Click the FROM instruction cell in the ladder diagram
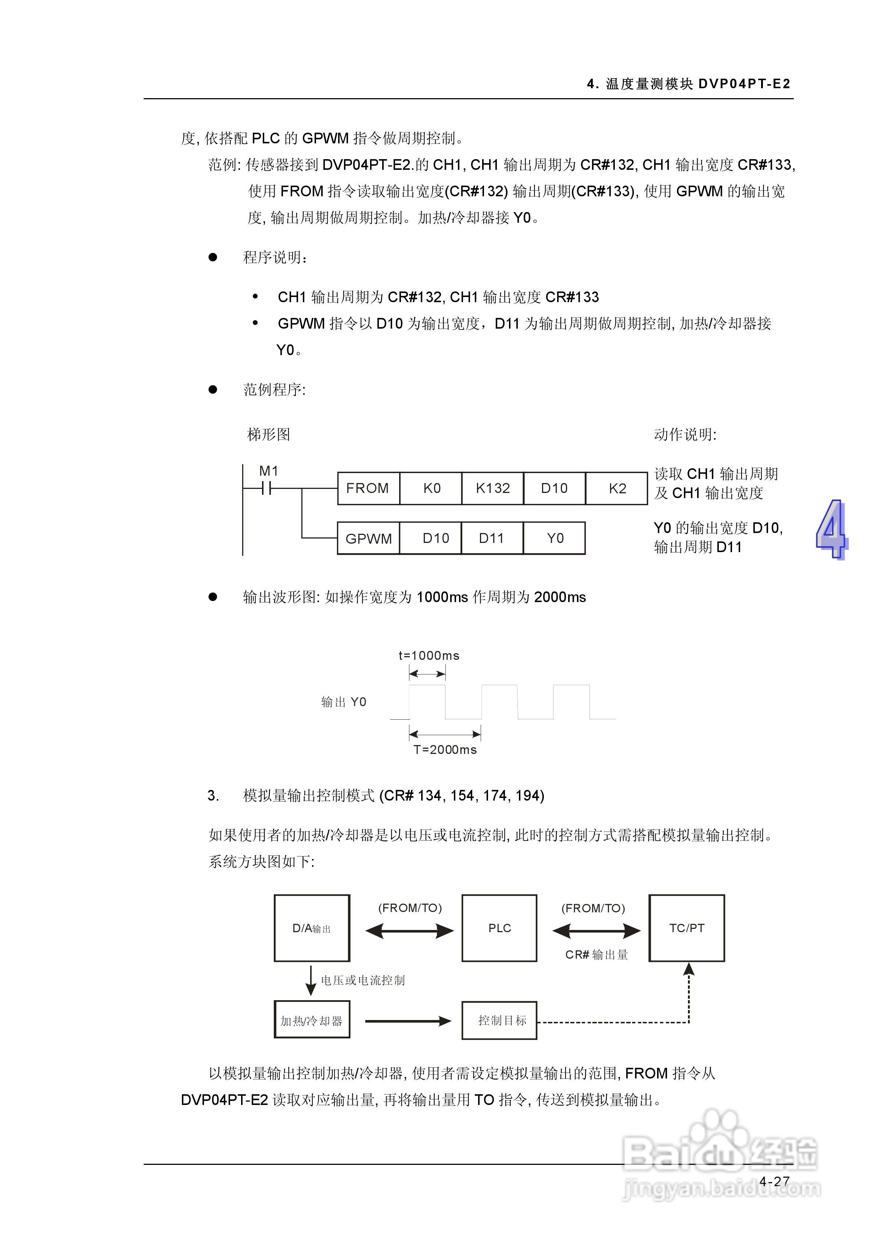(x=368, y=489)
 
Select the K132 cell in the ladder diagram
(x=492, y=489)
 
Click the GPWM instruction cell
(x=368, y=538)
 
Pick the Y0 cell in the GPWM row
(x=555, y=538)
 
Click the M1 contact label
(x=269, y=471)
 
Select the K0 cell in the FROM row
(x=431, y=489)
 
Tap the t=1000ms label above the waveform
(x=428, y=656)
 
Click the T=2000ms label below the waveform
(x=445, y=749)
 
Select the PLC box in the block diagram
(x=499, y=928)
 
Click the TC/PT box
(x=686, y=928)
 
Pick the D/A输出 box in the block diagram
(x=312, y=928)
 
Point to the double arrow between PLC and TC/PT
(x=596, y=931)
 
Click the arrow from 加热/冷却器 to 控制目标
(x=408, y=1021)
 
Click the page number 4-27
(x=774, y=1181)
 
